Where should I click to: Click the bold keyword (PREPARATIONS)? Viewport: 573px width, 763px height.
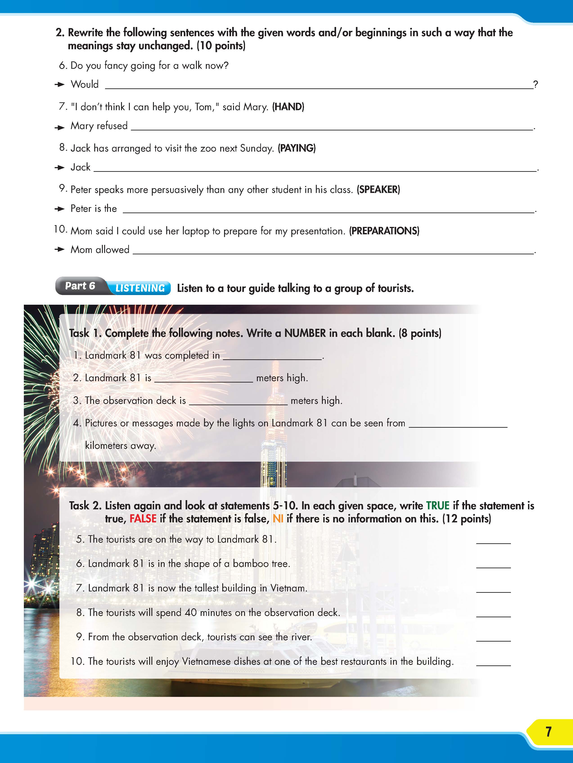(x=384, y=231)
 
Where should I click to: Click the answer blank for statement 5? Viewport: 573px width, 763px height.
(x=493, y=541)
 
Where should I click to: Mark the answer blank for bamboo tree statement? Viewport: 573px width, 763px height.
(x=493, y=565)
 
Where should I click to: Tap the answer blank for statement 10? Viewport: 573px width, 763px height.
(x=493, y=662)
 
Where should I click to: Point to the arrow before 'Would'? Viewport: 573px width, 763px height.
(x=60, y=85)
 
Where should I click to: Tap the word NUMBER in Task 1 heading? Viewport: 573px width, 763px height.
(x=305, y=333)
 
